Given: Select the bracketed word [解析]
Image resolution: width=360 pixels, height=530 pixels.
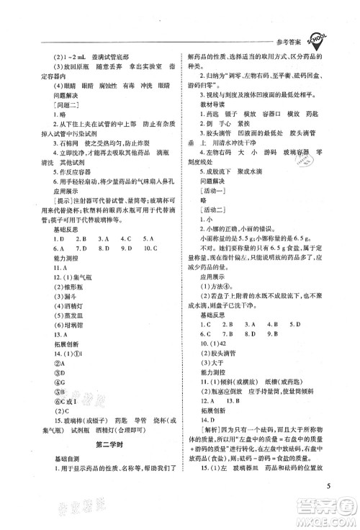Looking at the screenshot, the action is [204, 418].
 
